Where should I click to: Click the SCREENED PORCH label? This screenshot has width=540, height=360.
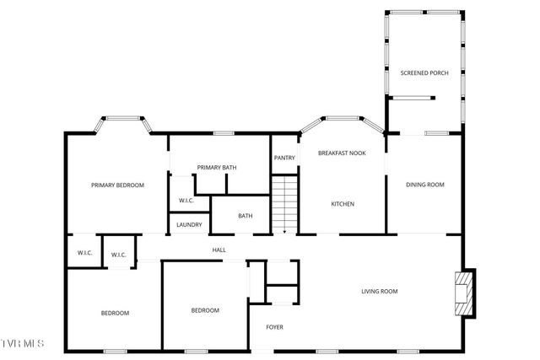tap(424, 73)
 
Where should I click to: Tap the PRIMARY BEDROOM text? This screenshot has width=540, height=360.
tap(118, 185)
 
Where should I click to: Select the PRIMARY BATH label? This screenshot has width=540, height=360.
tap(217, 167)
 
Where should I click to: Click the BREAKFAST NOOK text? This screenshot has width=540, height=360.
tap(342, 153)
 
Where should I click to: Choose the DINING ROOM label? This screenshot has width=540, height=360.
tap(424, 185)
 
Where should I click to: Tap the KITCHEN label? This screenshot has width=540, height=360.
tap(342, 204)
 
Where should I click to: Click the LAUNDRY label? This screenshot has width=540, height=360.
tap(189, 224)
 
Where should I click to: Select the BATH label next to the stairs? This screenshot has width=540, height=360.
tap(245, 216)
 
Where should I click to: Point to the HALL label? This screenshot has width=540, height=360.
tap(219, 250)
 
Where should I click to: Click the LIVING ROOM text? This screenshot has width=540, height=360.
tap(379, 292)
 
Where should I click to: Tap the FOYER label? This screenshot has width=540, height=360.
tap(275, 327)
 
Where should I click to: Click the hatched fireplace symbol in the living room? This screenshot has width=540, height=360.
tap(462, 293)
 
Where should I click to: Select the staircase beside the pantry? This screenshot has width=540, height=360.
tap(284, 202)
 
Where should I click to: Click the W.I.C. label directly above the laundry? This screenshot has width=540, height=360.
tap(186, 200)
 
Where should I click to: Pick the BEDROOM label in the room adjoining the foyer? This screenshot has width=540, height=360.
tap(205, 310)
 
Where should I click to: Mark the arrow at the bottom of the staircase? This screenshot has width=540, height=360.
tap(284, 229)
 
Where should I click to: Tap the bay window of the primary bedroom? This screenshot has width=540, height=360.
tap(123, 120)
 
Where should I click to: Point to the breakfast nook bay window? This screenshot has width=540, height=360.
tap(342, 119)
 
